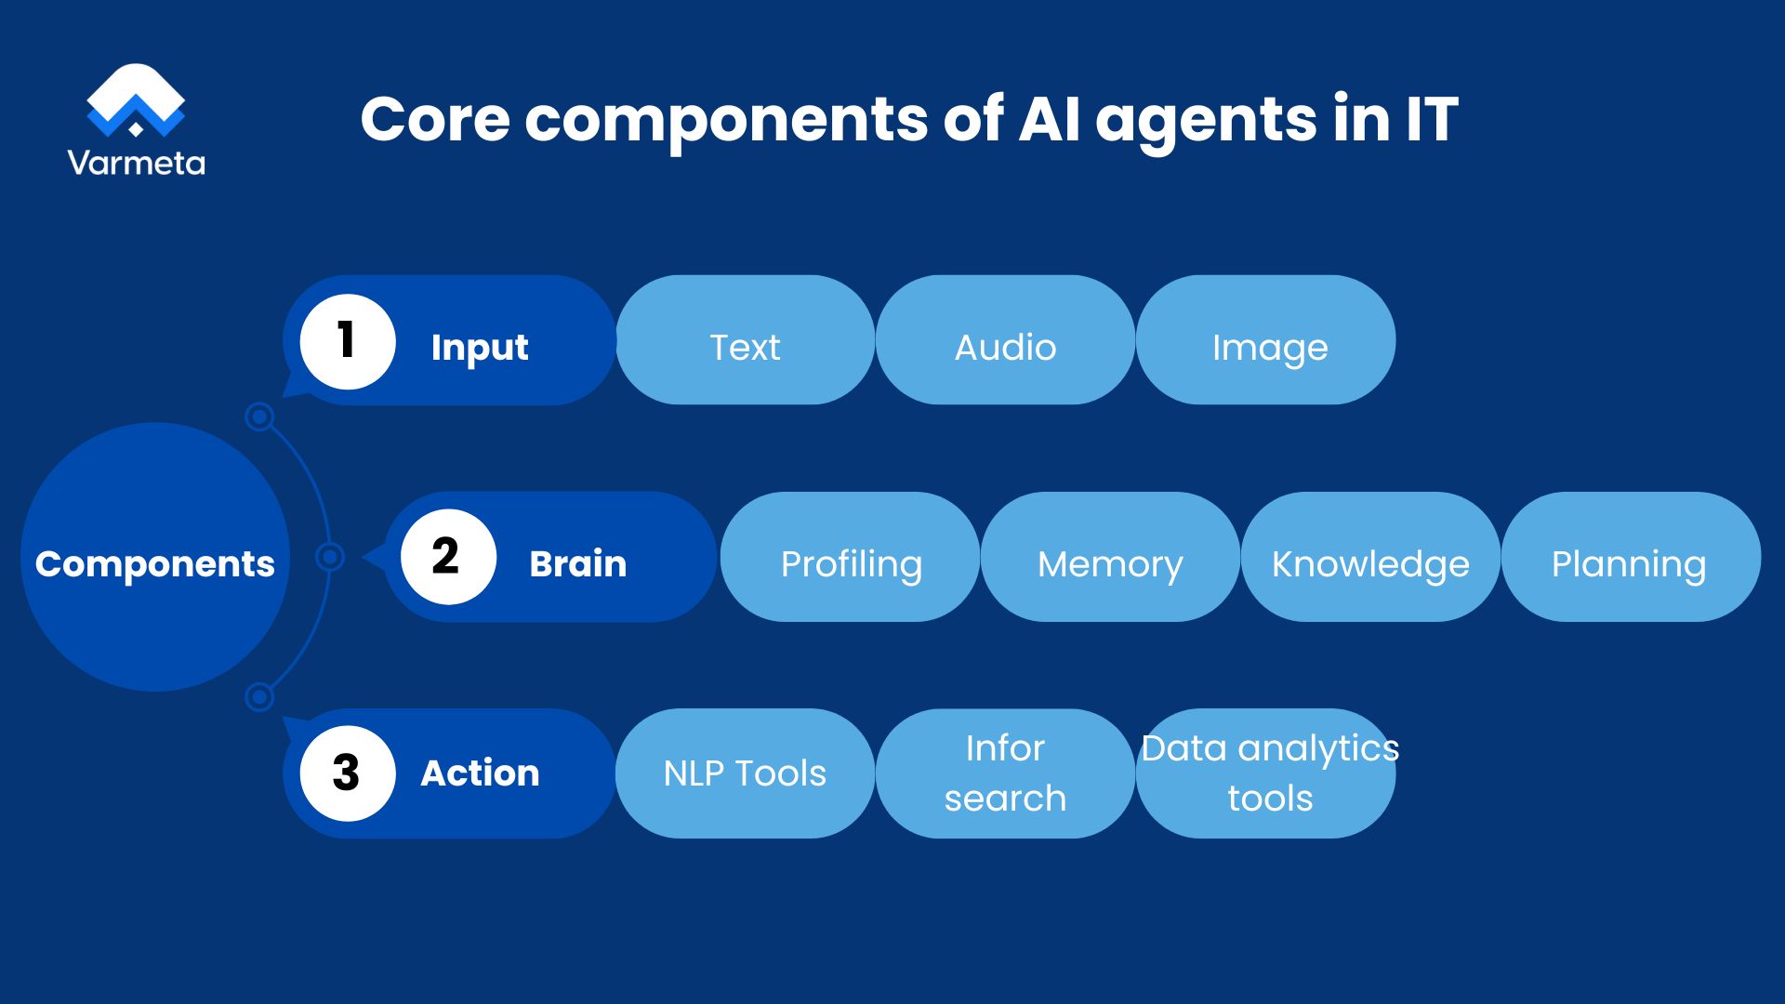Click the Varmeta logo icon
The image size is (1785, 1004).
136,100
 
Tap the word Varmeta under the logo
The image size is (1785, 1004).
136,164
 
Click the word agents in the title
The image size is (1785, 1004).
1205,121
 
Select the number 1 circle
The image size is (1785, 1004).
348,340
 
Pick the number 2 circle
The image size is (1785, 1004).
447,557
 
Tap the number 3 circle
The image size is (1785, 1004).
348,773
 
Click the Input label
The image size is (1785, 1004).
480,348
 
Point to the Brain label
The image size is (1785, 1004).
577,563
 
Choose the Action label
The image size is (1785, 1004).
480,773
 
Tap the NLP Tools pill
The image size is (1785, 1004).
745,773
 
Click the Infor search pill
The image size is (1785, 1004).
1005,773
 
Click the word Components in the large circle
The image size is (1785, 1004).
155,564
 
